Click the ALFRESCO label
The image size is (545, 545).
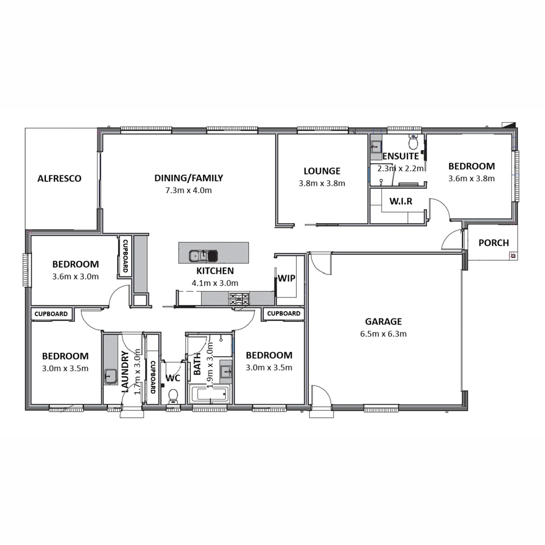60,179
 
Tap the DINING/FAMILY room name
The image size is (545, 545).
188,178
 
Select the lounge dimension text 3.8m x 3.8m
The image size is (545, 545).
322,183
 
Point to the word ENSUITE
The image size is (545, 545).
401,156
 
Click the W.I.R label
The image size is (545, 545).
401,201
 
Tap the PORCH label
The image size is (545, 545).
494,243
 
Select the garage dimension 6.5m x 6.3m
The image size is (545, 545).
384,334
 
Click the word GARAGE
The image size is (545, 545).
384,321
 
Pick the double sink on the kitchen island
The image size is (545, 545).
202,256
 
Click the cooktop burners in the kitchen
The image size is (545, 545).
239,298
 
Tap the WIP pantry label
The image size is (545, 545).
286,279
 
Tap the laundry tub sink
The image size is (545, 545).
111,376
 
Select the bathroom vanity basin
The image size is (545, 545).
226,373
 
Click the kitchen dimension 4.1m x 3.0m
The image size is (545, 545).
215,283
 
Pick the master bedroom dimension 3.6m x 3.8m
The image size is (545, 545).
471,178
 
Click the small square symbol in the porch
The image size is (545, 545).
513,255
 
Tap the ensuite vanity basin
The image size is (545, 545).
375,147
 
